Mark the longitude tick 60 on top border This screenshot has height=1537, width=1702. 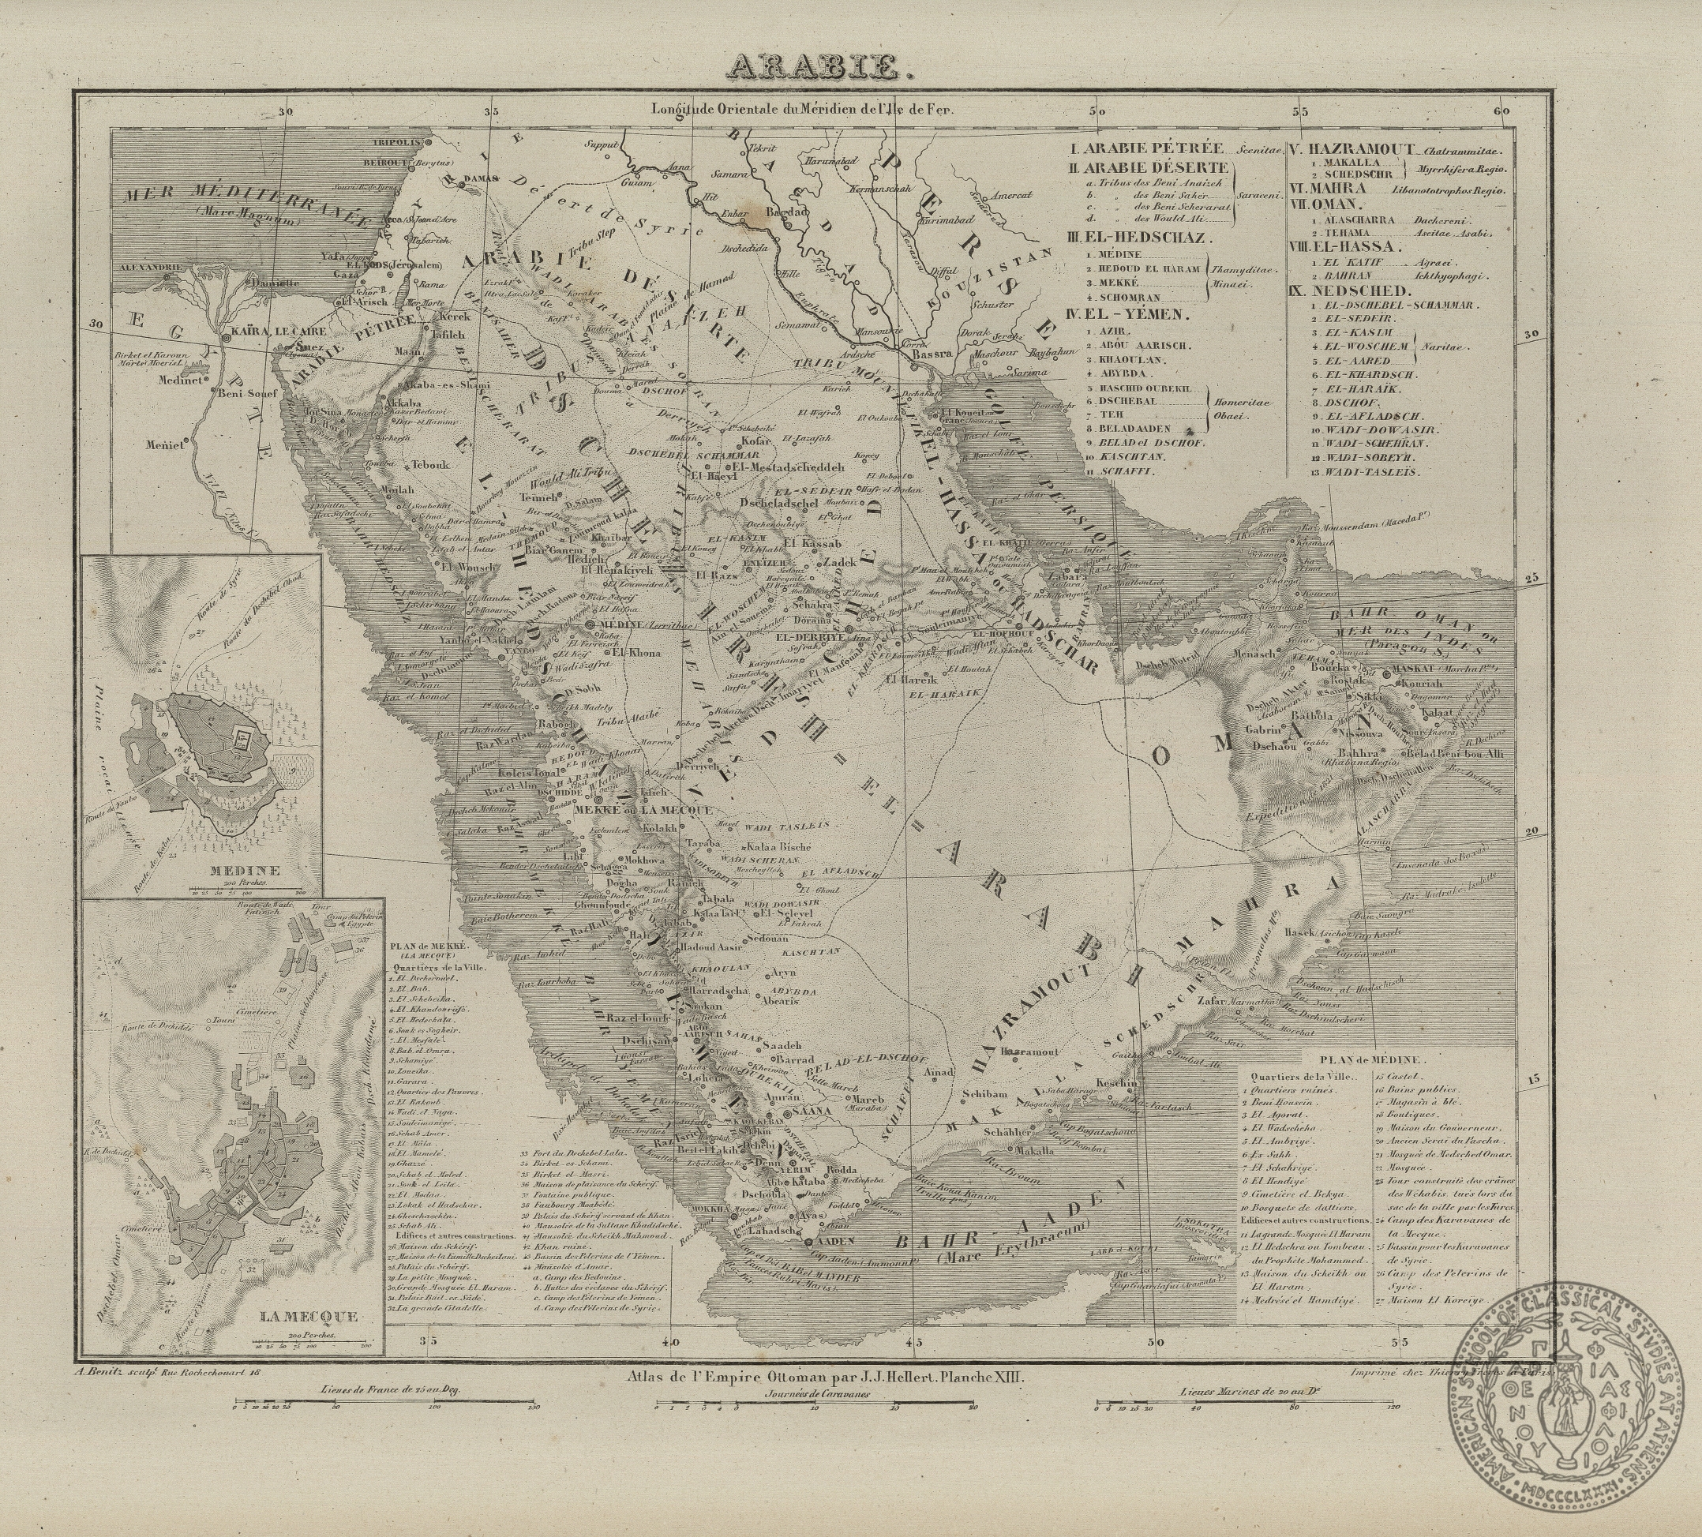1500,111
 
